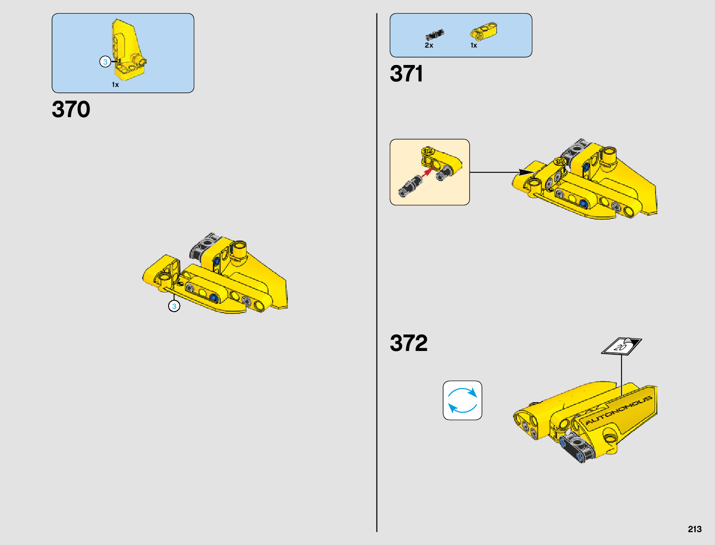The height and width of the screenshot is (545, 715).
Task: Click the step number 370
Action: [x=71, y=109]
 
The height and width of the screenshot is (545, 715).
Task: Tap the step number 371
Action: [x=406, y=74]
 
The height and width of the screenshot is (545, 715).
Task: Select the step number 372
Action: [x=408, y=343]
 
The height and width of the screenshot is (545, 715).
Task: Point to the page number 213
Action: [x=694, y=529]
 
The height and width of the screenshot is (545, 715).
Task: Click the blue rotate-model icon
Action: [x=462, y=400]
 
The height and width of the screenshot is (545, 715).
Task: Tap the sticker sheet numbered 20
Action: [x=621, y=346]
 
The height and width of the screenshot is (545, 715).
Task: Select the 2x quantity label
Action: [x=429, y=45]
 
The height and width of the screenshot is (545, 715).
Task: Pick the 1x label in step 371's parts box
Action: [x=474, y=45]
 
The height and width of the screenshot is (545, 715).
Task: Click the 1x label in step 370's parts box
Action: [x=116, y=85]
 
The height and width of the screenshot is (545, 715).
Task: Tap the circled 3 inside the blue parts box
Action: [x=105, y=62]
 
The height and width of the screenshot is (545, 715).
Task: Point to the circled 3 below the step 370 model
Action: [x=174, y=306]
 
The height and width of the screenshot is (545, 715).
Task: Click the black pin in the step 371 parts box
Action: [x=434, y=35]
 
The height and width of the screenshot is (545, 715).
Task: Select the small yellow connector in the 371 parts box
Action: [x=483, y=32]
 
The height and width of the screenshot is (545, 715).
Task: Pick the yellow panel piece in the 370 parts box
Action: [x=126, y=50]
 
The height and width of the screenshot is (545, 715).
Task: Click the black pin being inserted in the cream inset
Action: [x=410, y=185]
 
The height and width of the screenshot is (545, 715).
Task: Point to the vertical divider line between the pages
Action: [x=377, y=275]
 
